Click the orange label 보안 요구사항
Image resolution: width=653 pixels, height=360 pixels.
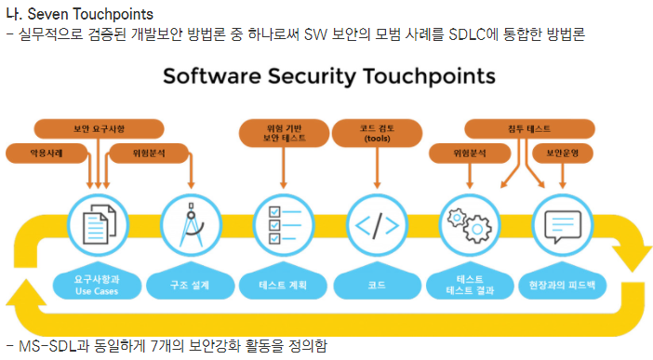point(100,128)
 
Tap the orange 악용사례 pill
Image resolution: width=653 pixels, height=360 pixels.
point(47,153)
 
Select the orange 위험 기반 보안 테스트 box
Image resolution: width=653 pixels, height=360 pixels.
point(284,133)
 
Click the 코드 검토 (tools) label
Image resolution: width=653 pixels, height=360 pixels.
point(378,133)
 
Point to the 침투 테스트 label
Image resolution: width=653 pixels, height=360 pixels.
point(529,128)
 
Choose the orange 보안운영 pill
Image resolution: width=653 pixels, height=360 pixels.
point(563,153)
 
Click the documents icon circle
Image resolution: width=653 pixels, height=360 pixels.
point(99,225)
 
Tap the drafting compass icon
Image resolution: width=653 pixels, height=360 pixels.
point(191,225)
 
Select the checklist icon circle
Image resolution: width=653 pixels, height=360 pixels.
point(284,225)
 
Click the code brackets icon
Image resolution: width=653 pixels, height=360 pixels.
point(378,225)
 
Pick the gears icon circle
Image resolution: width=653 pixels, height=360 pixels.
point(470,225)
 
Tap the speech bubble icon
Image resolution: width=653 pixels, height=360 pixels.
point(563,225)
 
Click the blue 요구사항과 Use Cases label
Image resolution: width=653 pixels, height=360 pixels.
point(97,285)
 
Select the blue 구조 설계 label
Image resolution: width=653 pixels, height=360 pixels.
point(190,285)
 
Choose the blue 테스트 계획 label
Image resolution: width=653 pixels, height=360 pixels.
point(283,285)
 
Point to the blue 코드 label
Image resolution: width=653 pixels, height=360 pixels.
point(377,285)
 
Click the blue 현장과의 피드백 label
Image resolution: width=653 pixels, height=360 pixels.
point(562,285)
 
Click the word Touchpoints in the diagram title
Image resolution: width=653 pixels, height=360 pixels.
point(430,76)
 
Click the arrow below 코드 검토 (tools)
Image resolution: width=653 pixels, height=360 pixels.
point(378,168)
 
